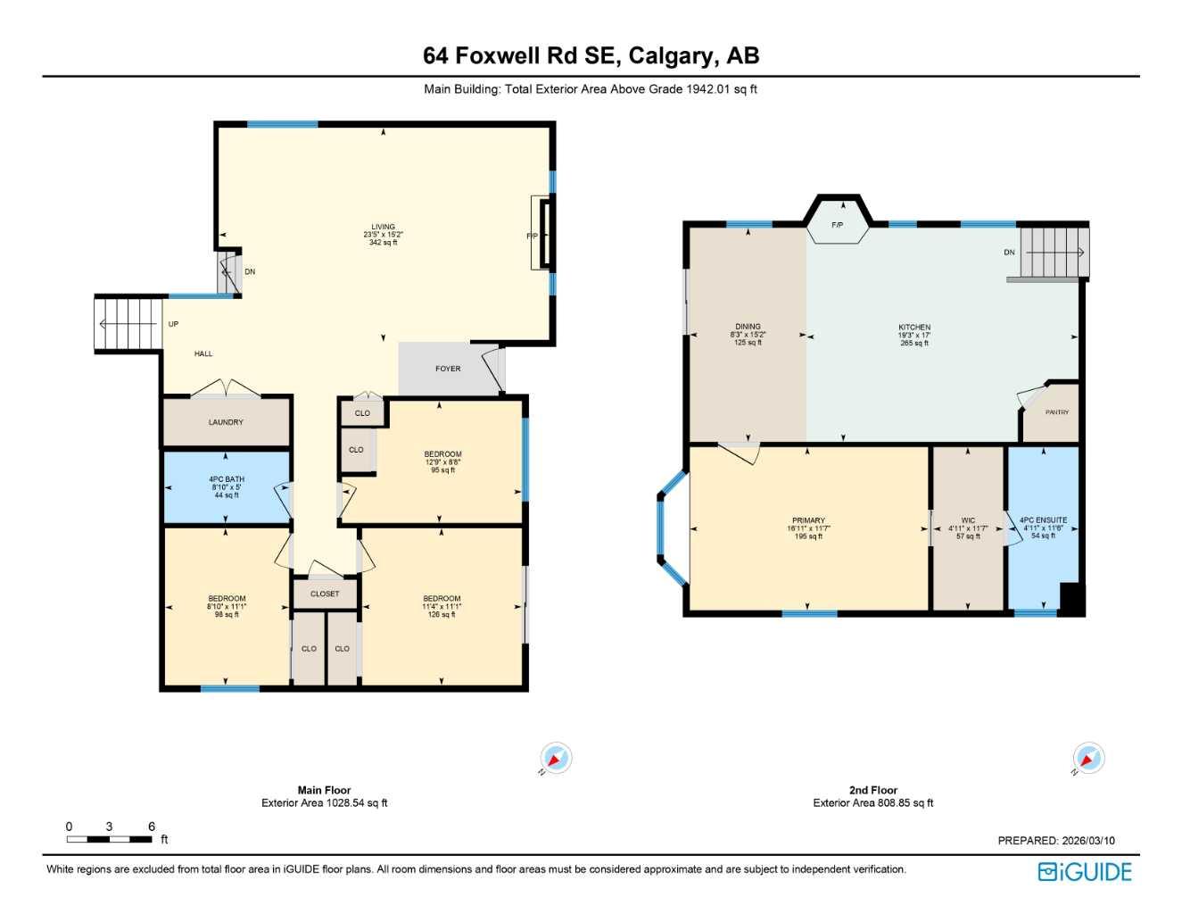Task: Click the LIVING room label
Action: coord(383,227)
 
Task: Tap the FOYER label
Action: coord(448,369)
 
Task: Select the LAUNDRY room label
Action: coord(226,422)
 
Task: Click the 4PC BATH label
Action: coord(227,479)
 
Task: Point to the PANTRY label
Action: coord(1056,412)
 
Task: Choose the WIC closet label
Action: coord(968,520)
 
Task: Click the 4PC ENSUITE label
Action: coord(1043,520)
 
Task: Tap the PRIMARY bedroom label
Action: coord(808,520)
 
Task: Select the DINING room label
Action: coord(748,327)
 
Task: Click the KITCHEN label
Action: coord(914,328)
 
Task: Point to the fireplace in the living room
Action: coord(543,235)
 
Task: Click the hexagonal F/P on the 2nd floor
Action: coord(838,224)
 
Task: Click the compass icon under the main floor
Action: coord(556,759)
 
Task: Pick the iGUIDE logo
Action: coord(1085,872)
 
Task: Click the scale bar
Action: coord(110,839)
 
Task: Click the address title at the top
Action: coord(591,55)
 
